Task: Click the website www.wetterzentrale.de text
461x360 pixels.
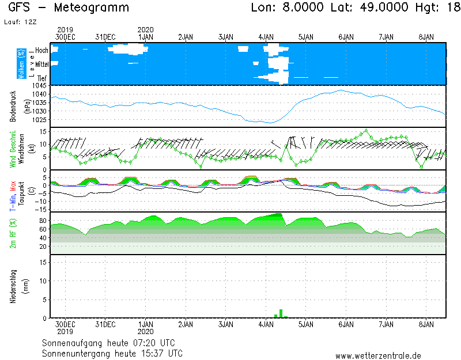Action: pos(378,356)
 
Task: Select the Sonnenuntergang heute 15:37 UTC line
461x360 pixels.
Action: pos(112,353)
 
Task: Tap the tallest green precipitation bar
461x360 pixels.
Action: pos(281,313)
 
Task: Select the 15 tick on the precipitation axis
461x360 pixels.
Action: pos(42,262)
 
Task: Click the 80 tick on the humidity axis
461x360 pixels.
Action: pos(42,221)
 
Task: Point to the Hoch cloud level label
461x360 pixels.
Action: pos(41,51)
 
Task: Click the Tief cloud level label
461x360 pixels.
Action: pos(43,78)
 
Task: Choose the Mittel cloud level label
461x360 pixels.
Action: pos(41,65)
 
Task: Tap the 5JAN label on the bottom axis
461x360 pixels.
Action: pos(306,324)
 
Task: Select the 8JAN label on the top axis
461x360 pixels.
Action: pos(426,37)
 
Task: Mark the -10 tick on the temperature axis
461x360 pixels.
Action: pos(40,202)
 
